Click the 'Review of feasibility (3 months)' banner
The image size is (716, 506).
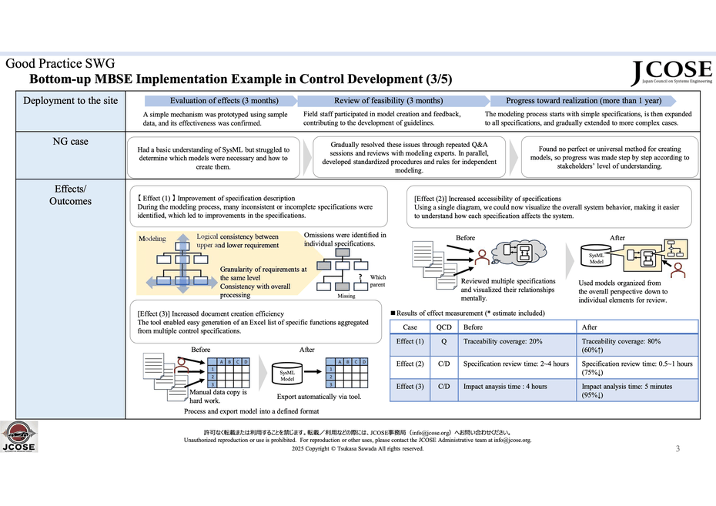[388, 101]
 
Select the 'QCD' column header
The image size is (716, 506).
[444, 327]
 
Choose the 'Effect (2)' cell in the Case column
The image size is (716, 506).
[410, 364]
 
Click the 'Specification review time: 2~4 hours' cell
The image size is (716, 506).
[517, 364]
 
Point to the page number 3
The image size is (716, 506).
[678, 448]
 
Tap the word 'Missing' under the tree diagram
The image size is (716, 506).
[346, 296]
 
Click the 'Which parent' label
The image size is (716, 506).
[378, 280]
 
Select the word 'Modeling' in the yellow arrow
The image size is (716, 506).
[152, 239]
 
